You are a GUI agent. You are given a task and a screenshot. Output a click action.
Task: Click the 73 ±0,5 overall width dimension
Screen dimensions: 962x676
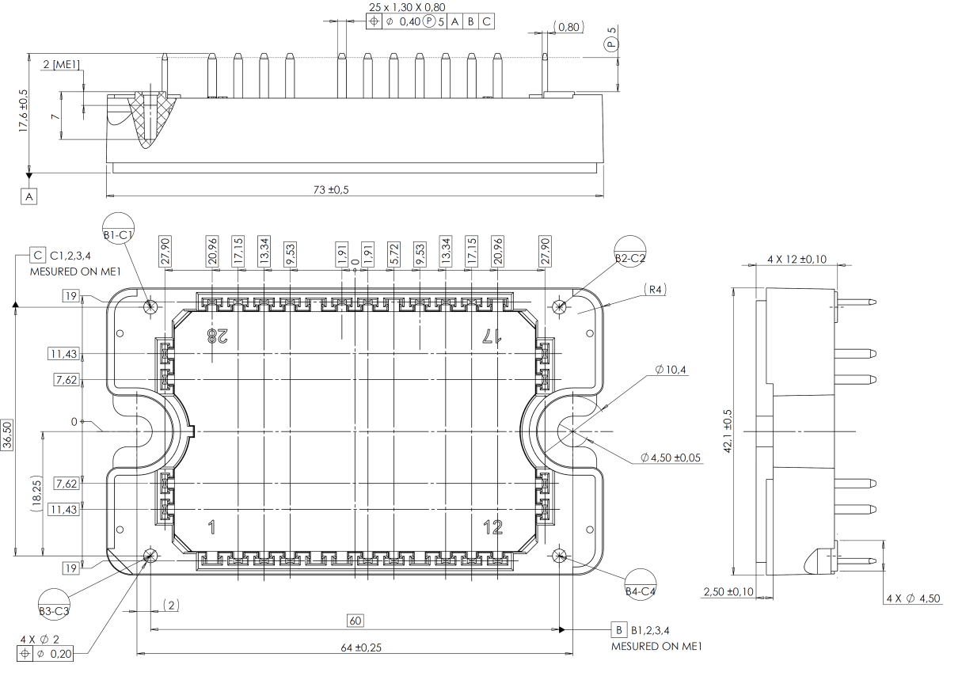tap(331, 189)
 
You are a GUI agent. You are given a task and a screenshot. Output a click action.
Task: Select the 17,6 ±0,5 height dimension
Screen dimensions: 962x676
tap(23, 110)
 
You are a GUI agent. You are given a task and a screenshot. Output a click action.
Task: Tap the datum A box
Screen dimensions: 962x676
tap(29, 196)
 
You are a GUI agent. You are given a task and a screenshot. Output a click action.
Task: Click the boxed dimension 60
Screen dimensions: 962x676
tap(356, 621)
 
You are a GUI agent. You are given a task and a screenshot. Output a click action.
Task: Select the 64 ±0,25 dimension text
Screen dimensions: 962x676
tap(361, 648)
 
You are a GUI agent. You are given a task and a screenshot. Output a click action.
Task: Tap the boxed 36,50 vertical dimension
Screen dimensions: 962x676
tap(7, 435)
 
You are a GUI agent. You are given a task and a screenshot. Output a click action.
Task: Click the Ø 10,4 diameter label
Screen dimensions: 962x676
tap(671, 370)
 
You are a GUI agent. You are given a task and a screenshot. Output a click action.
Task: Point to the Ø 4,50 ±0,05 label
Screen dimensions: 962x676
tap(671, 458)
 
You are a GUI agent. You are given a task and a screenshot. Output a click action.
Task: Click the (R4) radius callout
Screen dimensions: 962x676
tap(655, 290)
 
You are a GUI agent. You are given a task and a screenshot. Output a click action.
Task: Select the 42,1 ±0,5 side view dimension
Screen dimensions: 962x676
tap(728, 431)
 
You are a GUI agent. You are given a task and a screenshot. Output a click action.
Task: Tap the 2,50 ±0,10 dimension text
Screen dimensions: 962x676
tap(728, 592)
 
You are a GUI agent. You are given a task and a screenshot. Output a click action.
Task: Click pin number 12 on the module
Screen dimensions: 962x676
tap(492, 527)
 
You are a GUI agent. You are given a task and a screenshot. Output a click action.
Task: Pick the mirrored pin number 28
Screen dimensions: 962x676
tap(217, 336)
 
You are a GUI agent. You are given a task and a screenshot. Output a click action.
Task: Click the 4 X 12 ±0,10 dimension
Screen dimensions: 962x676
tap(797, 260)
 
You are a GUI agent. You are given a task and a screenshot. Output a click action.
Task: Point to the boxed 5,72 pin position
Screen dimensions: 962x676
tap(394, 254)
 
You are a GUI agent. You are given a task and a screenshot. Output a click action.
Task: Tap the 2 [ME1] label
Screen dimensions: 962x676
tap(62, 64)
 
